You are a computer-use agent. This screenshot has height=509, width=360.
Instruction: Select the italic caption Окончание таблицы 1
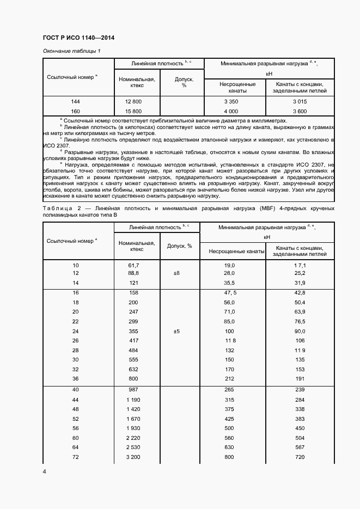[72, 51]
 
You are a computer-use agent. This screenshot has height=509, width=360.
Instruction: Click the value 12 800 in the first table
[133, 102]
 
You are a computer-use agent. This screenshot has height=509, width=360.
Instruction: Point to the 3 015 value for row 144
[300, 102]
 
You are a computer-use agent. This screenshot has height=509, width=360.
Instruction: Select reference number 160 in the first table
[76, 112]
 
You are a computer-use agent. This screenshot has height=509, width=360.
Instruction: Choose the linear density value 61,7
[134, 265]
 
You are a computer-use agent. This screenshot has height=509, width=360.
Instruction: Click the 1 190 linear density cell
[134, 400]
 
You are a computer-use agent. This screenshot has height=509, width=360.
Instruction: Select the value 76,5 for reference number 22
[300, 321]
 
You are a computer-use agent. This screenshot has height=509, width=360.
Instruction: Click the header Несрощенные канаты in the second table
[233, 250]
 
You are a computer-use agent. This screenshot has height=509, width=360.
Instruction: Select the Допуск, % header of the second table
[179, 246]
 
